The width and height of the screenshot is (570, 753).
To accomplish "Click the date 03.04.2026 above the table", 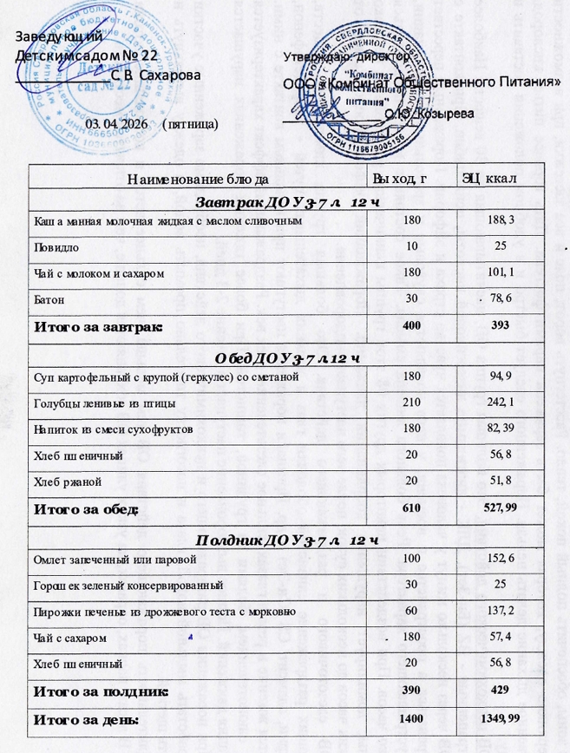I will (117, 125).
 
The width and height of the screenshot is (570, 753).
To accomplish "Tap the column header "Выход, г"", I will (401, 179).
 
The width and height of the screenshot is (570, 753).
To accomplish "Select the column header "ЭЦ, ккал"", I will (491, 179).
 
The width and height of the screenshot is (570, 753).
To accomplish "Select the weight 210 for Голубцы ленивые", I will (412, 403).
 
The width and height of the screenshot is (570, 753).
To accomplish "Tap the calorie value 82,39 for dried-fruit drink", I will (501, 429).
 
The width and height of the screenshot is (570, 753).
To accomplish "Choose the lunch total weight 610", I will (412, 507).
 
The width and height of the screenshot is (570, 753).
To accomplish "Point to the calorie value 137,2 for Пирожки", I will (502, 612).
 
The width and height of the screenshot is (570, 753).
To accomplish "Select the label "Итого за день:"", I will (85, 720).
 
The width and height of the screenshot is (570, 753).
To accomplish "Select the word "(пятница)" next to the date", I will (190, 125).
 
